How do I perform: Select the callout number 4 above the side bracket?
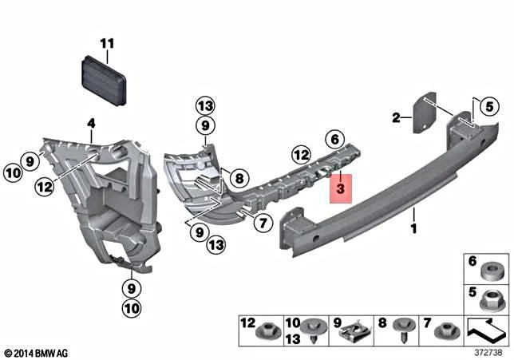point(91,123)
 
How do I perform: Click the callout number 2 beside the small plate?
point(396,119)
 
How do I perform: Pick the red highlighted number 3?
point(340,190)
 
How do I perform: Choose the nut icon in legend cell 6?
point(495,269)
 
